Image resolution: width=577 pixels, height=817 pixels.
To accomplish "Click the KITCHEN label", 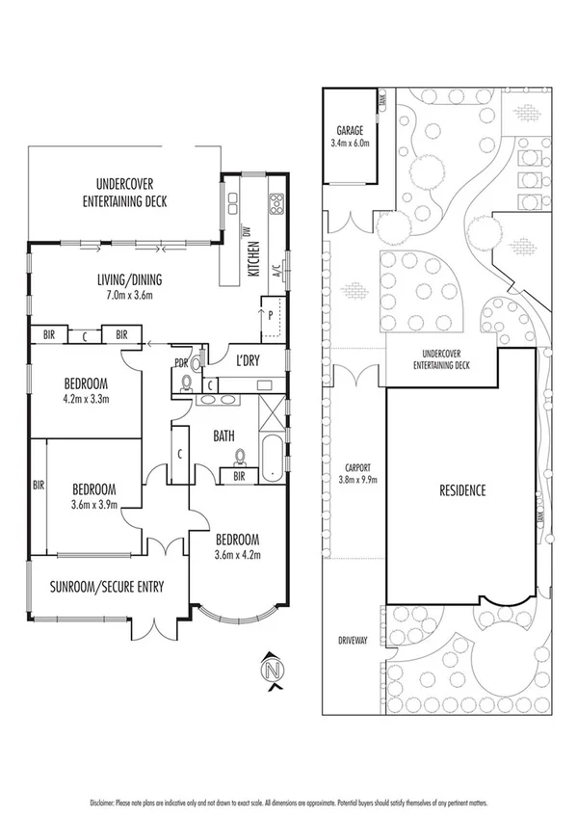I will (x=255, y=257).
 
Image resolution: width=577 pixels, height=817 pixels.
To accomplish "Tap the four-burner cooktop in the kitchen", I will (x=276, y=202).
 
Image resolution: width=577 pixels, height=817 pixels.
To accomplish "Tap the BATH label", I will (x=223, y=436).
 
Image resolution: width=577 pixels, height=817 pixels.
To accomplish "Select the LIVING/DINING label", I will (x=129, y=280).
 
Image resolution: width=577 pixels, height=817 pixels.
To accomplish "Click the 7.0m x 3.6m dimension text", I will (x=129, y=295).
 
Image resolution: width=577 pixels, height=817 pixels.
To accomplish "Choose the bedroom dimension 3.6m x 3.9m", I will (x=93, y=503).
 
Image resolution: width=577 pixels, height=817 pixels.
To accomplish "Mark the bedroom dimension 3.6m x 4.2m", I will (x=237, y=554).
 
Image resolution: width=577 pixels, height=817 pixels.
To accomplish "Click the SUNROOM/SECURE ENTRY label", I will (x=108, y=586).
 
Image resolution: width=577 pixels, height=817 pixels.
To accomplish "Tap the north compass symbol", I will (x=275, y=668).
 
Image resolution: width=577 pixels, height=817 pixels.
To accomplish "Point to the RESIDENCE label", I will (x=462, y=490).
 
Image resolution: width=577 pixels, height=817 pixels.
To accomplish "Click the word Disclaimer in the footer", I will (x=103, y=802).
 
